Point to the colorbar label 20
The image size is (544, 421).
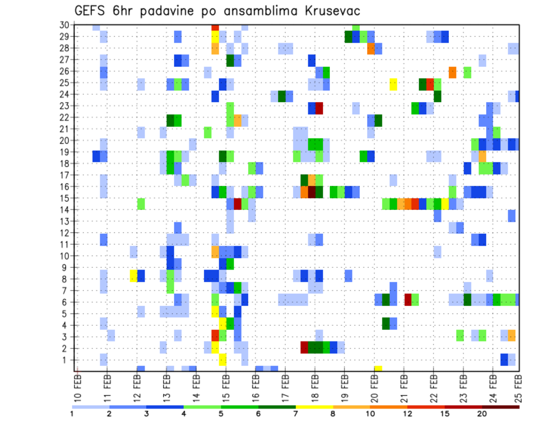[x=482, y=414]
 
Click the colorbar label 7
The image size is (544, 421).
[x=296, y=414]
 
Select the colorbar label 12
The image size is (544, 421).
[x=407, y=414]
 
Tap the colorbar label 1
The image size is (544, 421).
[x=72, y=414]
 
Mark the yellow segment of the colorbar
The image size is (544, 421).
[x=314, y=406]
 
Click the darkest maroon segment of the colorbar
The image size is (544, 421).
[x=501, y=406]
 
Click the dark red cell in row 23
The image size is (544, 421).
[x=319, y=106]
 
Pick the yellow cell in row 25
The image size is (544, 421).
[x=393, y=83]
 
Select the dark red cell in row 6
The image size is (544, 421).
[x=408, y=300]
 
